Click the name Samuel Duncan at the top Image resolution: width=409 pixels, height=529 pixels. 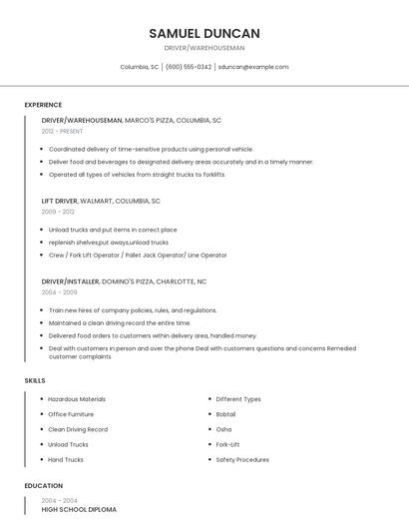[x=204, y=33]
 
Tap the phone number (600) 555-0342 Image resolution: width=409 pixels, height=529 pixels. [x=189, y=67]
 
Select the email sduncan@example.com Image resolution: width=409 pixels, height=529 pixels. [x=253, y=67]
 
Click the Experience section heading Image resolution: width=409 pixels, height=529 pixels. [x=43, y=105]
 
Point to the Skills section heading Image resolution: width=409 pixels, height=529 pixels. [x=35, y=380]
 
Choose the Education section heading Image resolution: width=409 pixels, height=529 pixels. [x=43, y=486]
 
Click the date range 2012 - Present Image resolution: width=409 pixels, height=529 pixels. [x=62, y=131]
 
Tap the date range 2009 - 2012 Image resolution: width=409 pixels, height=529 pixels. [x=58, y=212]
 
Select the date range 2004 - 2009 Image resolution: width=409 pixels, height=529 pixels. [x=59, y=292]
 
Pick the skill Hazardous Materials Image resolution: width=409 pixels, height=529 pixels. [x=77, y=399]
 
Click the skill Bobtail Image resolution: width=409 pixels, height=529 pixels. [x=225, y=414]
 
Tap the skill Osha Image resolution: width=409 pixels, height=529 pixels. [x=223, y=429]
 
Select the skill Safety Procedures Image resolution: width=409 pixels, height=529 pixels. [x=242, y=460]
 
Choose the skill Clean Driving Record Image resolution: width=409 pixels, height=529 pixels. [x=78, y=429]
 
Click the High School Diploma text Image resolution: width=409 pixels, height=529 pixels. [x=79, y=509]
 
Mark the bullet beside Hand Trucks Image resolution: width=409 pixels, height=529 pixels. [x=42, y=460]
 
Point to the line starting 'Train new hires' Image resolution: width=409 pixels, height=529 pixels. [x=133, y=310]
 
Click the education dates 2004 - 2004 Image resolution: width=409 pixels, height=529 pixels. [x=59, y=500]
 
